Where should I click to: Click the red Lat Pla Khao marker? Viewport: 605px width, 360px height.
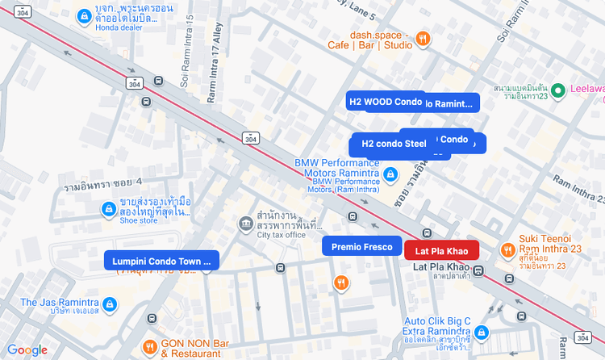[x=441, y=250]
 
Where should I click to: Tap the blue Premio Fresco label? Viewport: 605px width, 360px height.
[x=361, y=246]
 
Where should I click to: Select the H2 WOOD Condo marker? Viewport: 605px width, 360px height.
[x=386, y=101]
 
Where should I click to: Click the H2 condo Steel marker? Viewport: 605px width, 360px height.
[x=394, y=144]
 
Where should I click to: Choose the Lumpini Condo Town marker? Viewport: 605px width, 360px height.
[x=161, y=260]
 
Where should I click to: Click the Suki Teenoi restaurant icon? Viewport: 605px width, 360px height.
[x=507, y=250]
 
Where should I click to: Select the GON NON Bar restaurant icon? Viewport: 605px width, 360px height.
[x=150, y=347]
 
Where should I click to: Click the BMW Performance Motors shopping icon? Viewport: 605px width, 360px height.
[x=390, y=174]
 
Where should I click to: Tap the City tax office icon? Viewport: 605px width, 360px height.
[x=245, y=223]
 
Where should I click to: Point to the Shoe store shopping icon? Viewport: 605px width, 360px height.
[x=107, y=209]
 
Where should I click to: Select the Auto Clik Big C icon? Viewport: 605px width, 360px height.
[x=482, y=332]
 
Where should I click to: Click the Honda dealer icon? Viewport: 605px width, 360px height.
[x=83, y=16]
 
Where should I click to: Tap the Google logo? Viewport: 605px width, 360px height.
[x=27, y=350]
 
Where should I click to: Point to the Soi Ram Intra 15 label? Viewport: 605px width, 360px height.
[x=186, y=50]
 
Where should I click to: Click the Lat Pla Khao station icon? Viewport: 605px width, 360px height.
[x=478, y=271]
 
